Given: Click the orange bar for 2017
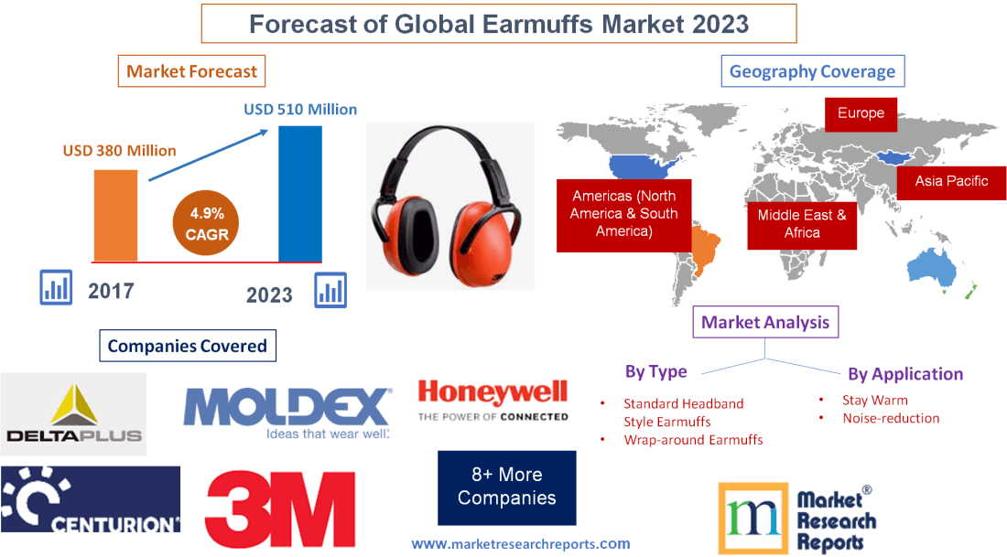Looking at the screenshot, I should (115, 216).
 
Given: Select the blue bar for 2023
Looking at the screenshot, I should (300, 193).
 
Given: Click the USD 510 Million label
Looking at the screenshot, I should (300, 109).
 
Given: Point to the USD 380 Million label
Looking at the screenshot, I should (119, 150).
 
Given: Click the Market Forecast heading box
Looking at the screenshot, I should (192, 71).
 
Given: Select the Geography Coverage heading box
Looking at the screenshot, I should (812, 71).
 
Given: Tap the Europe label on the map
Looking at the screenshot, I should (861, 113).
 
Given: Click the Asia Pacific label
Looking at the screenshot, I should (951, 181).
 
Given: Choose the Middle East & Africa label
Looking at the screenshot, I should (802, 224).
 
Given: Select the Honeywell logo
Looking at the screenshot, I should (493, 402).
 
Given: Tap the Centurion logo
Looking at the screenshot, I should (90, 499).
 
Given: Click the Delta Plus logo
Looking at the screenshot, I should (73, 414).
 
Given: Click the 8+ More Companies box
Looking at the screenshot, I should (506, 487).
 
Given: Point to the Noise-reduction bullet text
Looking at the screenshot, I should (891, 418).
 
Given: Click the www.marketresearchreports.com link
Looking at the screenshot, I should (520, 543).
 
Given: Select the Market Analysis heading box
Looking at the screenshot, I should (764, 322).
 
